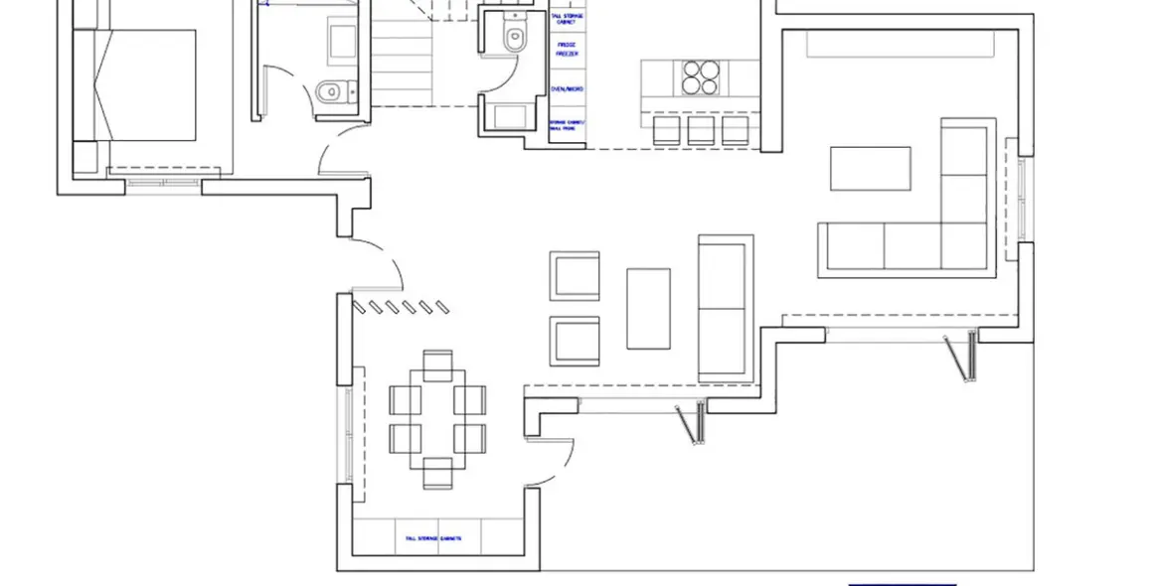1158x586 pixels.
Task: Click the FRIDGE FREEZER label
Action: (x=567, y=50)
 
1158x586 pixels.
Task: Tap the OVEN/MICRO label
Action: (x=567, y=90)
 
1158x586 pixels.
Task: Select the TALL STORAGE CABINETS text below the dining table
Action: (x=432, y=538)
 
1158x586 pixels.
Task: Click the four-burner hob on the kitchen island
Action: (x=700, y=77)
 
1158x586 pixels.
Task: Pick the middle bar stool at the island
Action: (x=700, y=130)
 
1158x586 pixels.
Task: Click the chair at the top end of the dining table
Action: (x=437, y=364)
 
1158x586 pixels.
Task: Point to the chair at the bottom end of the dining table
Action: (x=437, y=473)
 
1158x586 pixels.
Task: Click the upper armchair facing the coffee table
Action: (x=575, y=275)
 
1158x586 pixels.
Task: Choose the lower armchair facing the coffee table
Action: (x=575, y=341)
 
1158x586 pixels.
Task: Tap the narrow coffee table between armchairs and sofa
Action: (x=648, y=308)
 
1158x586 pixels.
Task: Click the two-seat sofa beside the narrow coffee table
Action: (x=725, y=308)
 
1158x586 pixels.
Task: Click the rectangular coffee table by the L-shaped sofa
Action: (x=871, y=168)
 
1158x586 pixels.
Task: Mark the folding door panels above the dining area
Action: (x=397, y=307)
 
